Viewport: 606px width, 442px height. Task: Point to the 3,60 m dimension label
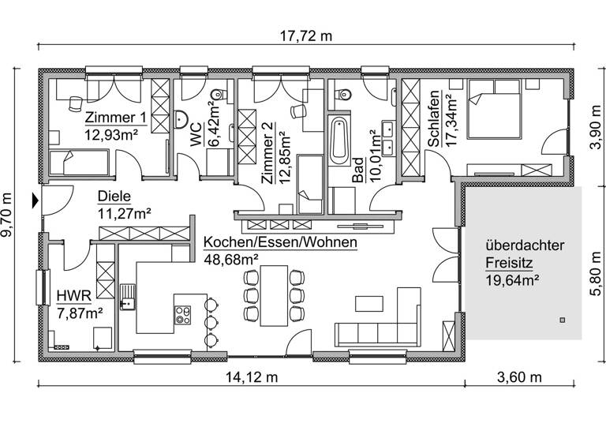521,377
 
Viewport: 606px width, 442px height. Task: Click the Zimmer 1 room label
115,118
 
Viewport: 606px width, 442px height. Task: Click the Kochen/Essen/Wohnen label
279,242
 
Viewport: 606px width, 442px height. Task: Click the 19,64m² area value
512,278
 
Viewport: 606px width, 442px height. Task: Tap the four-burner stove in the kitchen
182,314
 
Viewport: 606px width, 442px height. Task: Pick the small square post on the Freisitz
563,320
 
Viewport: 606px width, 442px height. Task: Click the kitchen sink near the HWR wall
127,297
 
